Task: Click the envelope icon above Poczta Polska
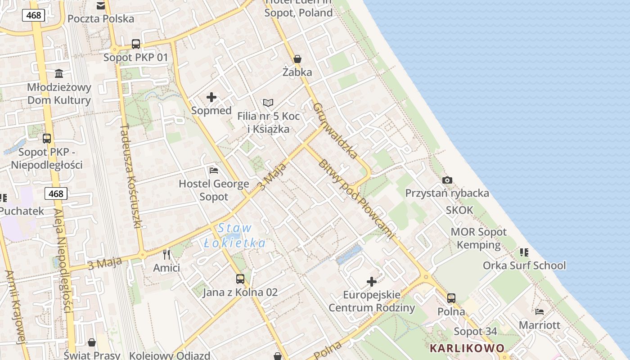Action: (101, 6)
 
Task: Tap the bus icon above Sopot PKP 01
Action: (136, 44)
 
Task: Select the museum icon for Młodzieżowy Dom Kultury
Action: (59, 73)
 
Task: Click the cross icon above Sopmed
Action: (211, 97)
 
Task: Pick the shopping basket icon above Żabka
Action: (297, 59)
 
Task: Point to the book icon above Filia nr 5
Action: (268, 103)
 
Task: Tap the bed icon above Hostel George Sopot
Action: (214, 171)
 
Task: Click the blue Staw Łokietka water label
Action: (234, 235)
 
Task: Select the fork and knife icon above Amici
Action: (166, 255)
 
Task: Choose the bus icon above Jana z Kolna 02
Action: (240, 279)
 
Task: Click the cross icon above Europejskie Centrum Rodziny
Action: (372, 282)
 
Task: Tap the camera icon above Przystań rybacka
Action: (447, 180)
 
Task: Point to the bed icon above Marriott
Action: (540, 311)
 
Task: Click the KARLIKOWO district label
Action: (467, 348)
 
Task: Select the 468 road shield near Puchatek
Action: (56, 193)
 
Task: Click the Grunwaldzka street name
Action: (335, 130)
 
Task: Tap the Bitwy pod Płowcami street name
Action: (355, 198)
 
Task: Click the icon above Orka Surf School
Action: (524, 252)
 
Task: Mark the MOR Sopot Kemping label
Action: (478, 238)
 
